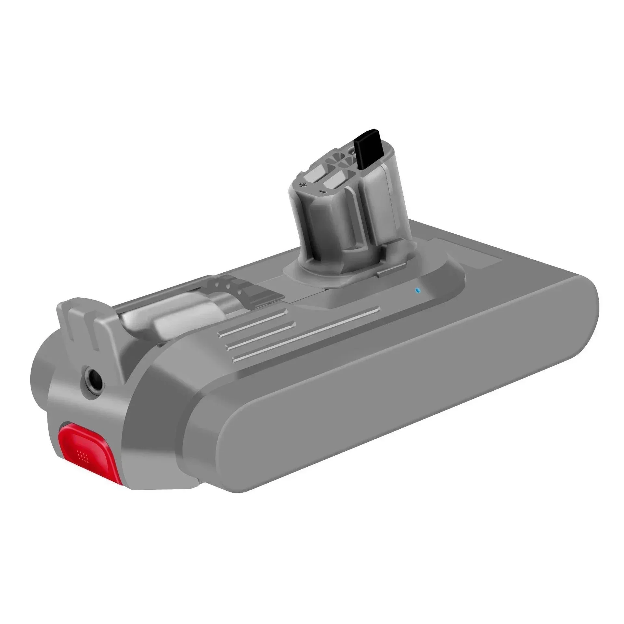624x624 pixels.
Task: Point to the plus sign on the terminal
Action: pyautogui.click(x=303, y=186)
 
